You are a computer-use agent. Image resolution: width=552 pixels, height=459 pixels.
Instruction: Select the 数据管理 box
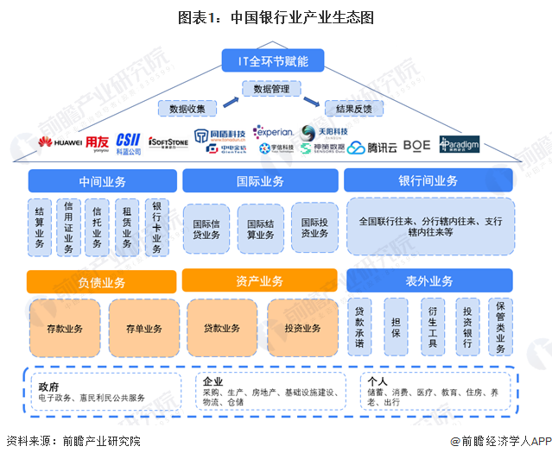point(270,88)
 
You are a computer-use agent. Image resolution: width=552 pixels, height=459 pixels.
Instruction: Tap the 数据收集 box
point(187,109)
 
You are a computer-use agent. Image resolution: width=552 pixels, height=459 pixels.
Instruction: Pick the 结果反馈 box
point(353,109)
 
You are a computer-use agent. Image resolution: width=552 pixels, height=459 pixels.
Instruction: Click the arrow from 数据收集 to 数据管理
point(231,101)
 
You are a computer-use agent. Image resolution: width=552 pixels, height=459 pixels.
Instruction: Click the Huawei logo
point(59,141)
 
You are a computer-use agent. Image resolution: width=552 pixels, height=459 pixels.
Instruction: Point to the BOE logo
point(416,144)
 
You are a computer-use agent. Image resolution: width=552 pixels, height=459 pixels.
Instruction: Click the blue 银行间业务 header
point(428,181)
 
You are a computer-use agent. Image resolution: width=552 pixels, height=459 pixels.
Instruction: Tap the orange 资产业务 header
point(259,281)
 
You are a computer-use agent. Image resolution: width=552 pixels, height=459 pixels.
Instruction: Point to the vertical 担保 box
point(396,326)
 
